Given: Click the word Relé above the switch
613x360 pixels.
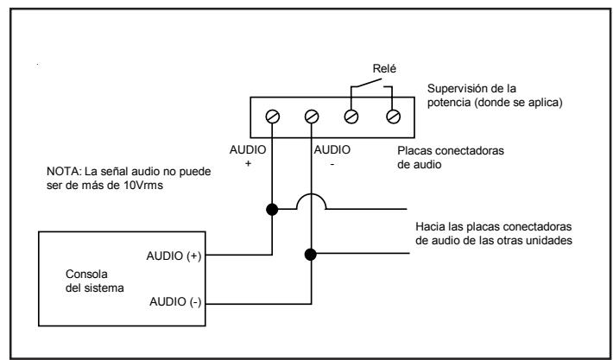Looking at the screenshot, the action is click(384, 69).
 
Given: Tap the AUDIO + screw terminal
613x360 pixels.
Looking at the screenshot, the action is click(273, 117).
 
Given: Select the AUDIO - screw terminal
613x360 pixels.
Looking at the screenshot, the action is click(312, 117).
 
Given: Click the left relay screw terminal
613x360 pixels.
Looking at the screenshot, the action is click(351, 117).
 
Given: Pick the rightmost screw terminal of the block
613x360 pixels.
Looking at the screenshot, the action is click(393, 117).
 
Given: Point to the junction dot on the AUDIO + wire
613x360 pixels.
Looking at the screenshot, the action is click(272, 210).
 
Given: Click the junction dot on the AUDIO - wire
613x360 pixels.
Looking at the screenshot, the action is click(311, 255).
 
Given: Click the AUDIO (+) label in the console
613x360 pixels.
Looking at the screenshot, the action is click(174, 256).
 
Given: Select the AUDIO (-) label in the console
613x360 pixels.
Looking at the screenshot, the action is click(175, 302).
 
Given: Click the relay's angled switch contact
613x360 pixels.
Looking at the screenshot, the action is click(366, 83).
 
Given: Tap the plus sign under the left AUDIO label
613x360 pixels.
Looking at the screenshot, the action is click(248, 164).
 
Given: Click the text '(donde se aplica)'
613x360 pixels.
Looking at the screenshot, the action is click(517, 104).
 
